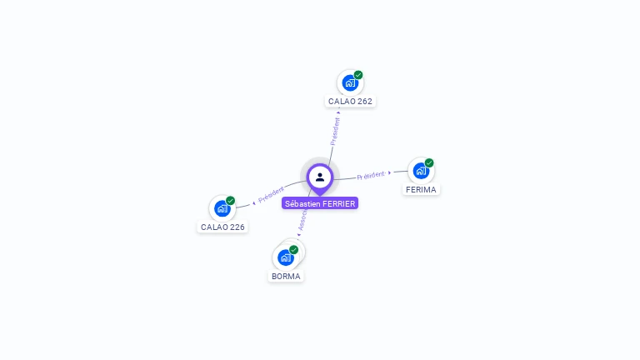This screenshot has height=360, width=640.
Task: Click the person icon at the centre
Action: pos(320,177)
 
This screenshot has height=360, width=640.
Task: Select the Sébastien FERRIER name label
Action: pos(320,203)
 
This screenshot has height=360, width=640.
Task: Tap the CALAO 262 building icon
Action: pos(350,83)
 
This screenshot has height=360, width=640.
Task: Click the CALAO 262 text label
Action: pos(350,101)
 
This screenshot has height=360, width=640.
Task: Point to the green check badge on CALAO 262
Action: pos(358,75)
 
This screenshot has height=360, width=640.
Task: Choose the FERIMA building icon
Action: pos(421,171)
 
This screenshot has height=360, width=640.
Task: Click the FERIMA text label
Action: pos(421,189)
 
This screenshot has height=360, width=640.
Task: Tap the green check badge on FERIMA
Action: pos(429,163)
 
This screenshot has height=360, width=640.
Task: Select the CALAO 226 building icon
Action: pos(222,208)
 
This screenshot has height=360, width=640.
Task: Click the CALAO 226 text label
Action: pos(222,227)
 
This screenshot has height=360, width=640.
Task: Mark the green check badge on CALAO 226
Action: pos(231,201)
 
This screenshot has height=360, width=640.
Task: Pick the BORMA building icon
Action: pos(286,257)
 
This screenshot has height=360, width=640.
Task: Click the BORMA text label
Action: pos(286,276)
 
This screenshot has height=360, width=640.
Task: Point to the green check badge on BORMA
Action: pos(294,250)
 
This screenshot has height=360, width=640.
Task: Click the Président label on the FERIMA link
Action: pos(371,175)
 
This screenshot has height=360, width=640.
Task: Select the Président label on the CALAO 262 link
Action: pos(335,131)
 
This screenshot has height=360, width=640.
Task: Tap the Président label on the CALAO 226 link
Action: pos(272,195)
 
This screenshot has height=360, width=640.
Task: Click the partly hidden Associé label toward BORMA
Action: pos(302,219)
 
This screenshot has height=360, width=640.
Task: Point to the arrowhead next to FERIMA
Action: pos(390,172)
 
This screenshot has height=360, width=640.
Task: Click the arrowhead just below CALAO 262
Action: pos(338,111)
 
